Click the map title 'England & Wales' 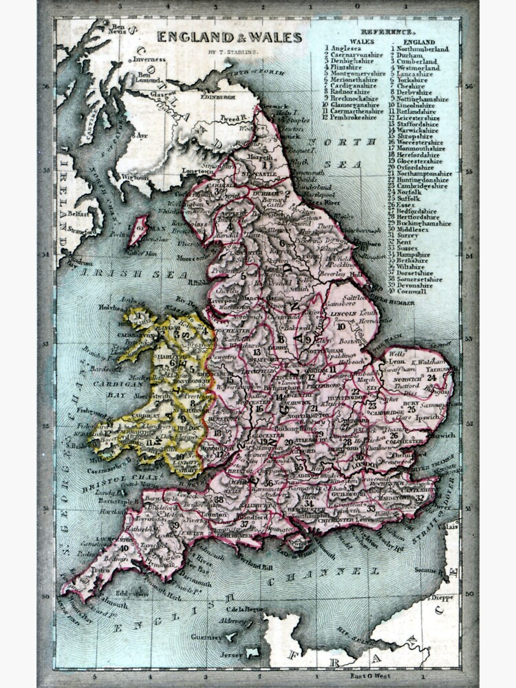[229, 37]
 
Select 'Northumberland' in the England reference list [422, 49]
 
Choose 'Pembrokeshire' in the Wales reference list [357, 118]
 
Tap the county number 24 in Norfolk [431, 377]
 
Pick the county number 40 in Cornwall [125, 548]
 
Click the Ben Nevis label [119, 29]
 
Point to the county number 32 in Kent [419, 497]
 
